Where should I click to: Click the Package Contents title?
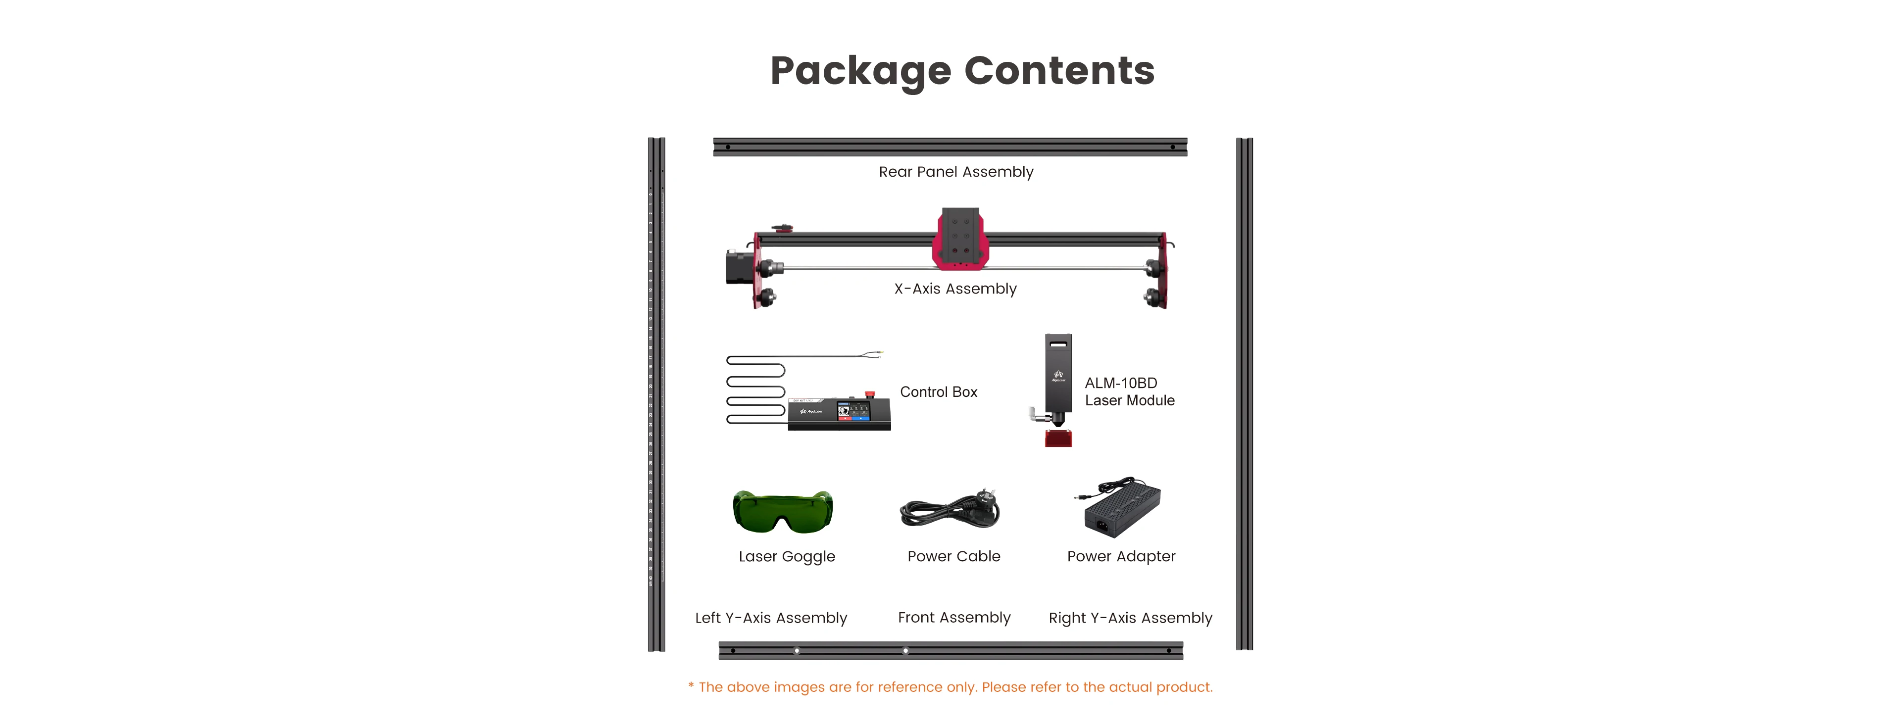[961, 72]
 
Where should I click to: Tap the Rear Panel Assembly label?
[955, 172]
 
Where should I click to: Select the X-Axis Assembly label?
[955, 289]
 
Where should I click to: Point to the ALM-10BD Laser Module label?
[1129, 391]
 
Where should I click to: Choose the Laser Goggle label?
[787, 557]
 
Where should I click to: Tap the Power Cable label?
[953, 557]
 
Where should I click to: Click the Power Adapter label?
[1121, 557]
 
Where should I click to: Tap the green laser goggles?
[783, 510]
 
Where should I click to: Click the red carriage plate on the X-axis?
[959, 240]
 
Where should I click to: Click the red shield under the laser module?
[1058, 439]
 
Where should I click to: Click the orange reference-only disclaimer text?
[950, 687]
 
